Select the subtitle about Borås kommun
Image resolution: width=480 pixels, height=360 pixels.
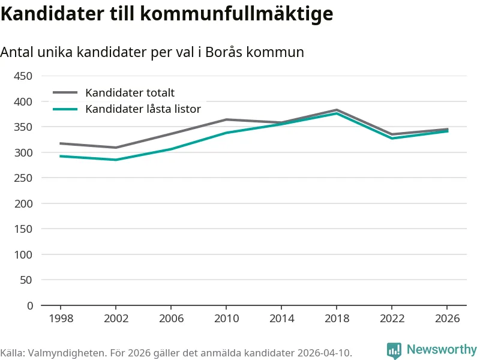[x=152, y=52]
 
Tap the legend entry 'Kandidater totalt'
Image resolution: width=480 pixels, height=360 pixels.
[x=130, y=92]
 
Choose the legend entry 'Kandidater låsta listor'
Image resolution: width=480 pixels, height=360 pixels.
[x=143, y=109]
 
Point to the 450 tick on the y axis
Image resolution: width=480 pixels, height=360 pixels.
[x=25, y=76]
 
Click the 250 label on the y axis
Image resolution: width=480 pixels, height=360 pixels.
[x=25, y=178]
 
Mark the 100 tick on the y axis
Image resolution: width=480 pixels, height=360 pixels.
[x=25, y=254]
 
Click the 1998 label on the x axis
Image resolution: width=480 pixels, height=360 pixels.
[x=61, y=318]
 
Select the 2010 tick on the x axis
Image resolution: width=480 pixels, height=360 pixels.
[x=226, y=318]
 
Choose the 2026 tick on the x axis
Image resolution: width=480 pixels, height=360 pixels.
[x=448, y=318]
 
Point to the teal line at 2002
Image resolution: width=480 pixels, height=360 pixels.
[x=116, y=160]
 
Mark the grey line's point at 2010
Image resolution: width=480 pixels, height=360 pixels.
[x=226, y=119]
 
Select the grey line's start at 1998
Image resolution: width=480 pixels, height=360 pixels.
[x=61, y=143]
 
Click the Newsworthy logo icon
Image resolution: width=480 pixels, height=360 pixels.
[x=394, y=350]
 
